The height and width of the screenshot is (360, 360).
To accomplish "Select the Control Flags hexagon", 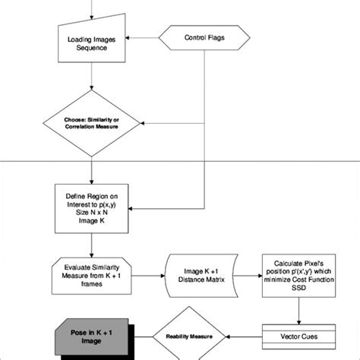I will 204,37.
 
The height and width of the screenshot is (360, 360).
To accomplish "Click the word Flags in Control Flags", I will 216,37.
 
